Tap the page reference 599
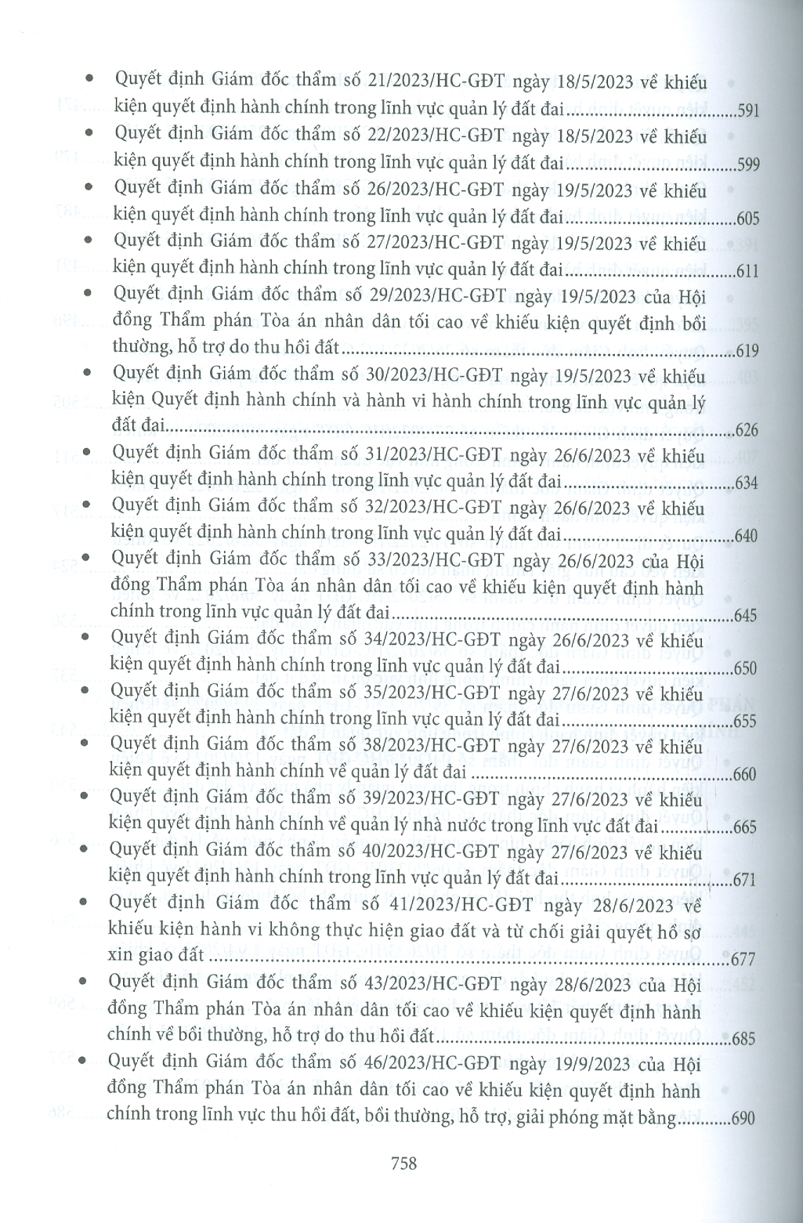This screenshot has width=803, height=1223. (x=748, y=165)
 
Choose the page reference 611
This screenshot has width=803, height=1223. (x=748, y=271)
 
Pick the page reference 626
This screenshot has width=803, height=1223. (x=748, y=429)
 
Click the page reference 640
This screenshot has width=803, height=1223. (x=747, y=536)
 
